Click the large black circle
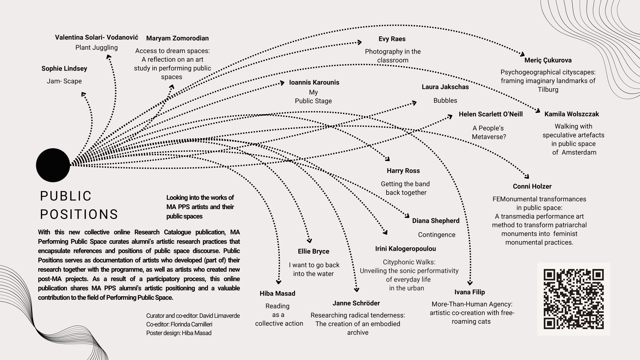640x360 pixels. tap(53, 165)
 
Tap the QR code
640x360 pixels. tap(573, 299)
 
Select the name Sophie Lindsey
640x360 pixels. tap(64, 69)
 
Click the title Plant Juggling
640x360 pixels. tap(96, 47)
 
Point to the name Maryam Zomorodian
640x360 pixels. tap(177, 38)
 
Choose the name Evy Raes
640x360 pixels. tap(392, 39)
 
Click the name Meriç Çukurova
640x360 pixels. tap(548, 60)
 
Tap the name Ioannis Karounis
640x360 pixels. tap(314, 83)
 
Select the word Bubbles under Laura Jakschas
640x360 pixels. tap(445, 100)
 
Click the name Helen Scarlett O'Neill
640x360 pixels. tap(491, 114)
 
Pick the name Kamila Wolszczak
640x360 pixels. tap(571, 114)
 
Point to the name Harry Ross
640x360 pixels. tap(403, 171)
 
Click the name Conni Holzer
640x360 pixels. tap(532, 187)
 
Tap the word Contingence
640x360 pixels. tap(436, 235)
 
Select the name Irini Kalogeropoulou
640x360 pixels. tap(405, 249)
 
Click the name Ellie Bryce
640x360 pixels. tap(313, 251)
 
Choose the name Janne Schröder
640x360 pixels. tap(356, 303)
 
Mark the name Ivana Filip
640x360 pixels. tap(469, 292)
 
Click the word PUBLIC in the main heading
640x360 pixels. tap(66, 196)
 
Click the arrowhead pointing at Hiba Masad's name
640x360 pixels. tap(279, 282)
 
